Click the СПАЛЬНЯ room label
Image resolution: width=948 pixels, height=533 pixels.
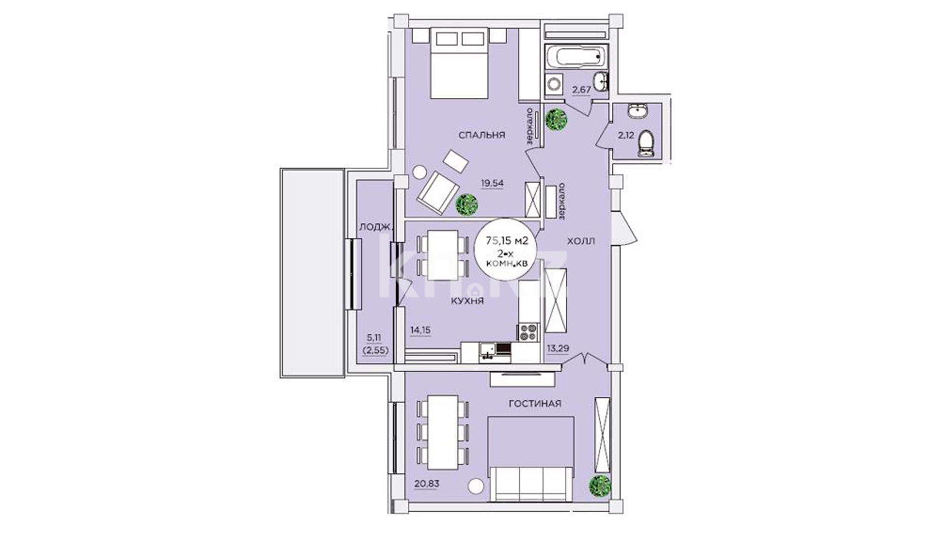(481, 135)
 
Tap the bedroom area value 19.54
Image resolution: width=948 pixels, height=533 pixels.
(492, 183)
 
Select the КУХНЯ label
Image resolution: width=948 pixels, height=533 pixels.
(467, 301)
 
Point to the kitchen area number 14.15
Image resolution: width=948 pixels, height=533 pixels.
(421, 330)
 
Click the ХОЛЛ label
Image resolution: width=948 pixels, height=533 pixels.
(581, 241)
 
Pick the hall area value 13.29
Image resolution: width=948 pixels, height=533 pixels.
(558, 348)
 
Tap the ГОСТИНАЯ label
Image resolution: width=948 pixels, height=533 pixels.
(535, 404)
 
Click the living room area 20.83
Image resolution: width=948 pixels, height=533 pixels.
(427, 484)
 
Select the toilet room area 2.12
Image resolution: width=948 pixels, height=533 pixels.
(626, 134)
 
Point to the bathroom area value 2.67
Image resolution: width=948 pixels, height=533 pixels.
(581, 90)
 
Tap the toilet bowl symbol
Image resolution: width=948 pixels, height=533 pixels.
(646, 144)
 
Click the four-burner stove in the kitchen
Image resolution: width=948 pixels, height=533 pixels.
(527, 332)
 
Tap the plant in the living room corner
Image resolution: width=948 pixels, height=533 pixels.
(600, 487)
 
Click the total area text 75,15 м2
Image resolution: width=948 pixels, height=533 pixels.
(507, 241)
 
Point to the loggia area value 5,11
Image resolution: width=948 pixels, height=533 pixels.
(374, 338)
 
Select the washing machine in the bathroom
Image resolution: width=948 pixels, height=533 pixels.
(554, 84)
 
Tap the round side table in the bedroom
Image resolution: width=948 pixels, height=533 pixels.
(420, 172)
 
